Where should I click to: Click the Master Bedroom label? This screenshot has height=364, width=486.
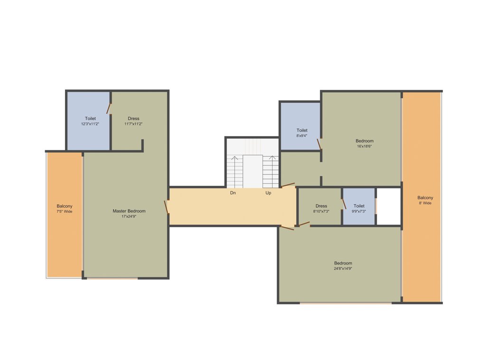(x=129, y=211)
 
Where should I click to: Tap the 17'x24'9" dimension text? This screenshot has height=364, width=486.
(x=129, y=217)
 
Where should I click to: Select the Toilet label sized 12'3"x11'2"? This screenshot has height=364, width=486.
(x=90, y=118)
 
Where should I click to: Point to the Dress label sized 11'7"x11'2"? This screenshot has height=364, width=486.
(x=133, y=118)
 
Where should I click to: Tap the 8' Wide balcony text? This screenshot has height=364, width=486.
(x=425, y=203)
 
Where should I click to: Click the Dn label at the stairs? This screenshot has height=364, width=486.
(x=233, y=193)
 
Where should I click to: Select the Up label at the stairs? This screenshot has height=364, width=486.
(x=269, y=193)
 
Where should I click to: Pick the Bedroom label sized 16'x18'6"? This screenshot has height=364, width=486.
(x=364, y=141)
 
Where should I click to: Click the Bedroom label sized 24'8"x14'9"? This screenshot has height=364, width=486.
(x=343, y=263)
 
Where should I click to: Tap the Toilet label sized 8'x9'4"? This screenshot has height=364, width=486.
(x=302, y=130)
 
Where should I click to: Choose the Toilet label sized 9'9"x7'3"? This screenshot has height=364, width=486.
(x=359, y=206)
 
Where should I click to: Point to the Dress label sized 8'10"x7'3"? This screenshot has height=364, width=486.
(x=321, y=206)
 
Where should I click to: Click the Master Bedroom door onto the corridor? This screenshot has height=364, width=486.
(x=167, y=207)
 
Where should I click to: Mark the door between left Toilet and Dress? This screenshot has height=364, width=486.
(x=109, y=109)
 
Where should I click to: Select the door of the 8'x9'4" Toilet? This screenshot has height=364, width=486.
(x=319, y=144)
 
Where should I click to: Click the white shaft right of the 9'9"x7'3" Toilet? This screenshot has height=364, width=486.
(x=388, y=206)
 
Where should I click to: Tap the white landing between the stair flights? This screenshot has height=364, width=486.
(x=253, y=171)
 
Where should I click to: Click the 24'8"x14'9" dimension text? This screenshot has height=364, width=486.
(x=343, y=269)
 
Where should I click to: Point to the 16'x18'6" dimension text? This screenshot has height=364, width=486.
(x=364, y=146)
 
